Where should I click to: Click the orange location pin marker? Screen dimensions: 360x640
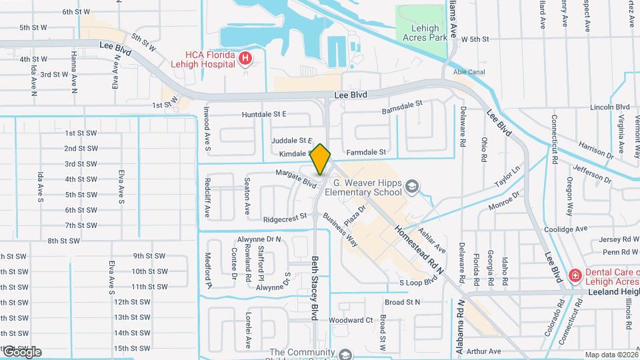(321, 159)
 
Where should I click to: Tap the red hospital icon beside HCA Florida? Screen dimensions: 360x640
(245, 59)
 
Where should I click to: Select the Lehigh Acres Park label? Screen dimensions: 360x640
(421, 33)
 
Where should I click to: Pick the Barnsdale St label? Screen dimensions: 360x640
(402, 107)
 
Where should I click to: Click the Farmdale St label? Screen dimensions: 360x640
(366, 152)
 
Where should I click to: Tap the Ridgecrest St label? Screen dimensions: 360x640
(285, 217)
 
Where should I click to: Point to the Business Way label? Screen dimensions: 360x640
(341, 229)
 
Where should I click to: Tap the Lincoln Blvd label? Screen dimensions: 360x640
(610, 107)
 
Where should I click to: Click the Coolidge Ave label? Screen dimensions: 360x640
(565, 229)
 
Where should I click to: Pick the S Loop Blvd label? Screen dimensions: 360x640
(417, 283)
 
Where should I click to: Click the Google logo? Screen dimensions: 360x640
(21, 352)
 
